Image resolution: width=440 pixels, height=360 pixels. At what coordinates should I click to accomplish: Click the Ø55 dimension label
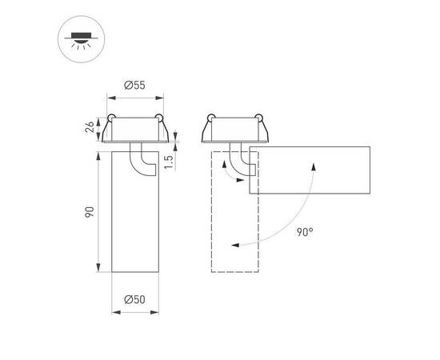coord(134,85)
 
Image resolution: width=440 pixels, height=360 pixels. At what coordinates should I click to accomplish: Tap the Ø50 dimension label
coord(134,300)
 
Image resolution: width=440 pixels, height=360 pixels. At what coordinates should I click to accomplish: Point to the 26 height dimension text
coord(90,128)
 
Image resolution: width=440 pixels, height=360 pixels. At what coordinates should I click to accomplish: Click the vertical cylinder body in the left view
coord(134,216)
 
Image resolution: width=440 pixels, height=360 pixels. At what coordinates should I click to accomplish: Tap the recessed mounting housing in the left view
coord(134,130)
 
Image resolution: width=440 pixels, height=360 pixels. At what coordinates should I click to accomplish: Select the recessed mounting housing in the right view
coord(238,130)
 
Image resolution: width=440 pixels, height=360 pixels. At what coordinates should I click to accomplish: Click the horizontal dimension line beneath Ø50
coord(134,311)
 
